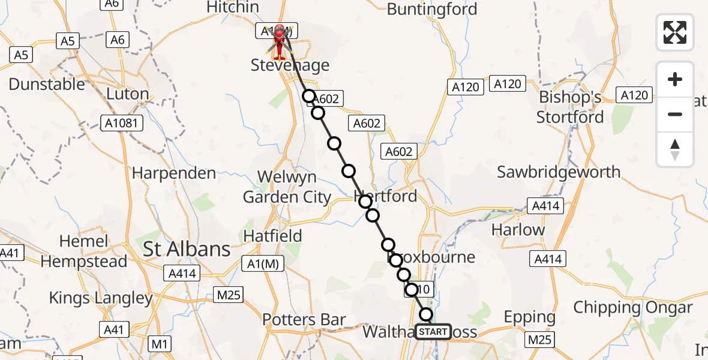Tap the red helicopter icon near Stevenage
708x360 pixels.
(x=280, y=38)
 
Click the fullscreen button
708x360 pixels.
(x=675, y=32)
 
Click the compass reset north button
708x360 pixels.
(x=675, y=149)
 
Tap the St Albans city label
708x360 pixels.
(x=187, y=249)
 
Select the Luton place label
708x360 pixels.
(x=127, y=94)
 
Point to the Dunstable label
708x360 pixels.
(x=47, y=84)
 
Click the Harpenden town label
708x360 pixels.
(x=174, y=173)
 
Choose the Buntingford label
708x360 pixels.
(x=432, y=10)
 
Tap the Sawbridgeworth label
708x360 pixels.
(x=559, y=172)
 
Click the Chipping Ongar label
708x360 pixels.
(x=633, y=308)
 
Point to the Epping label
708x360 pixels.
(x=530, y=317)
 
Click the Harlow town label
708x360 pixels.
(x=518, y=229)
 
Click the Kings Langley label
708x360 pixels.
(x=101, y=298)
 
